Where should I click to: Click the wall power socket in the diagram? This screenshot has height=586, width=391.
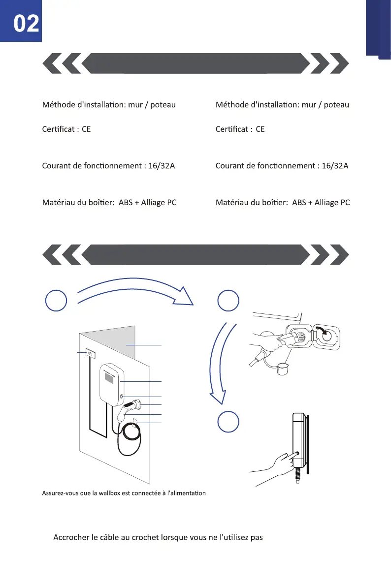[91, 353]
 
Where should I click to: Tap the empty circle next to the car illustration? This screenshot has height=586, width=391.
[228, 301]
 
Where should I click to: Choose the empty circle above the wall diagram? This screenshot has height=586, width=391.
[56, 301]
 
